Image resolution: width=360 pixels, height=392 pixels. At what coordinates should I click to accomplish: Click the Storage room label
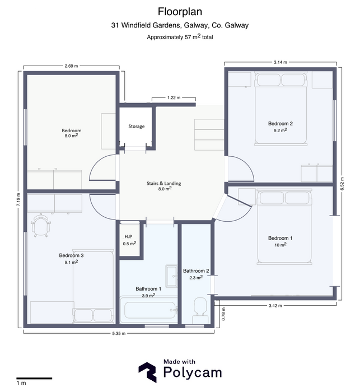pos(137,126)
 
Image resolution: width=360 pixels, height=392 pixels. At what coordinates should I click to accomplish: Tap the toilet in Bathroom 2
pos(200,310)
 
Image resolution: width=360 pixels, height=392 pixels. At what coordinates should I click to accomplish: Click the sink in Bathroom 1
pos(171,276)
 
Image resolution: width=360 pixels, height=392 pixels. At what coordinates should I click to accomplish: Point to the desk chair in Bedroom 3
pos(41,225)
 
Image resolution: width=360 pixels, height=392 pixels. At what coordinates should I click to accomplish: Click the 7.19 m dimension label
pos(18,199)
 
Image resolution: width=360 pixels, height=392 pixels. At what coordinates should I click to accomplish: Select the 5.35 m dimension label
pos(119,333)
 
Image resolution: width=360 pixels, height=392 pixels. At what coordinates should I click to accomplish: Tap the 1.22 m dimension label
pos(174,97)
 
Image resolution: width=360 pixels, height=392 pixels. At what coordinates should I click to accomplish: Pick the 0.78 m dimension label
pos(223,314)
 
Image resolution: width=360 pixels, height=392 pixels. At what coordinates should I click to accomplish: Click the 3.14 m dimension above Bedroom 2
pos(280,62)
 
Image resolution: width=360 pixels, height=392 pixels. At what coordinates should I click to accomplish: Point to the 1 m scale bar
pos(34,378)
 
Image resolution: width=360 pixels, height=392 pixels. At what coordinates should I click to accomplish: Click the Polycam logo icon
pos(148,372)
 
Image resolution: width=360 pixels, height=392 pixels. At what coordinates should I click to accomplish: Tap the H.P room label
pos(128,236)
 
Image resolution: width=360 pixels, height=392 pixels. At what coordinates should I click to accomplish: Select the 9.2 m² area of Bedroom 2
pos(280,130)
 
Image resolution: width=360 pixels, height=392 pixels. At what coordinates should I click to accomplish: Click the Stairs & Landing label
pos(163,184)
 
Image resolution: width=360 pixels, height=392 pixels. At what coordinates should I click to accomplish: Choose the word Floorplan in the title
pos(180,12)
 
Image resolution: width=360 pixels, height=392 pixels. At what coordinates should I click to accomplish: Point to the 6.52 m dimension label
pos(342,184)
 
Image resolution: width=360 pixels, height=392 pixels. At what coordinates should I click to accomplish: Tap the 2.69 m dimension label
pos(71,66)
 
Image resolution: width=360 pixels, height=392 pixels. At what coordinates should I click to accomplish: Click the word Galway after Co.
pos(237,26)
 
